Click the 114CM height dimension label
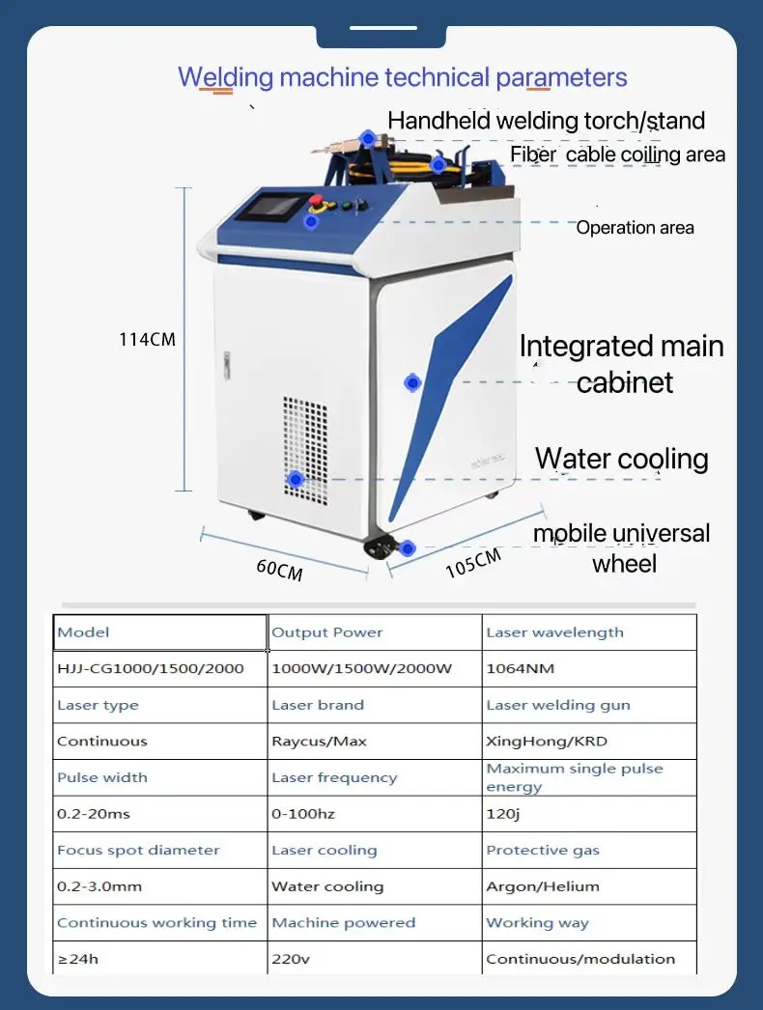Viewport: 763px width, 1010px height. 147,339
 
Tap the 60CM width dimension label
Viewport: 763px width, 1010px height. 279,569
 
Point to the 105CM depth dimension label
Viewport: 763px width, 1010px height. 472,563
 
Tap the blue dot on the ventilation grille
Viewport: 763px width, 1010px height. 296,479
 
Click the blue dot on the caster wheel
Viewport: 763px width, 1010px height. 408,548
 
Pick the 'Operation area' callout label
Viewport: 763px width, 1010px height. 635,228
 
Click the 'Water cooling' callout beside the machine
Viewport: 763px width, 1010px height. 621,459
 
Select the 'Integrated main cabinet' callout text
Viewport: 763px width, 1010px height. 622,364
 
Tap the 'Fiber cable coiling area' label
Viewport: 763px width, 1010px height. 617,154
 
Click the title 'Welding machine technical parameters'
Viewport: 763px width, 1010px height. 403,77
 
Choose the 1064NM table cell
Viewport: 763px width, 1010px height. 521,668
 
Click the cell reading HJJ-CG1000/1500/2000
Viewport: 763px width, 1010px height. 150,668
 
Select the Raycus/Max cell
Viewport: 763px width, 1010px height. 319,742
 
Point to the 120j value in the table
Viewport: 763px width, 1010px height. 502,814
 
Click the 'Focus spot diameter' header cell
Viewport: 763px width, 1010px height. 138,851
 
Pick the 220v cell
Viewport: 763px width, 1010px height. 290,959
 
